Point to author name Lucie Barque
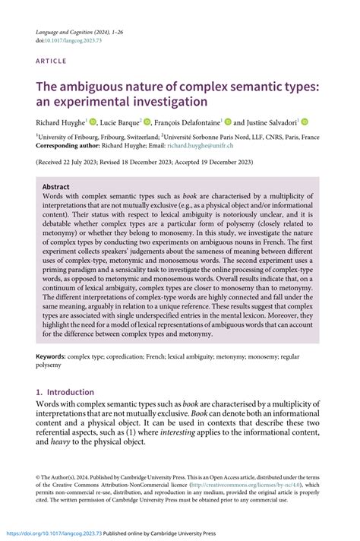coord(117,121)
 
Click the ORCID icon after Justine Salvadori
coord(304,121)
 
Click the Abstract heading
coord(56,187)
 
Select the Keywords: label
coord(55,356)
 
